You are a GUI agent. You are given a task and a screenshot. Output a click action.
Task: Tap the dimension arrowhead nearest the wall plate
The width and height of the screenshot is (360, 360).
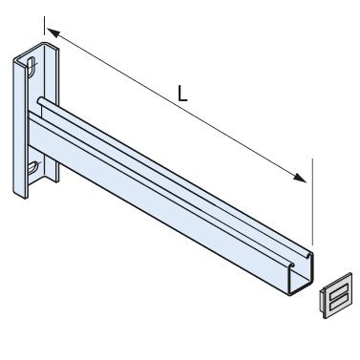pyautogui.click(x=53, y=34)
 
